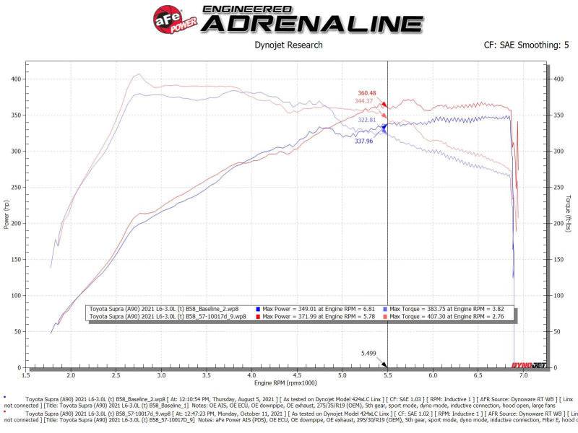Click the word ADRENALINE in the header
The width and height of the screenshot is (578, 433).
point(312,24)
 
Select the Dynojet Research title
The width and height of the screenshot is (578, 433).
point(288,45)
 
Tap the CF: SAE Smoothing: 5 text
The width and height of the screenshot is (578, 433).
point(526,45)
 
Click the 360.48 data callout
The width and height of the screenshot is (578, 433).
point(367,93)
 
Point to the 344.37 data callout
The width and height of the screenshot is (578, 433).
point(367,101)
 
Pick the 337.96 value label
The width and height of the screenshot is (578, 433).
point(363,141)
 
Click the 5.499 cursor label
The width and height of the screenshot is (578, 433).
point(369,353)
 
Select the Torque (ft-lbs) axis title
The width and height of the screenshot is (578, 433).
point(569,214)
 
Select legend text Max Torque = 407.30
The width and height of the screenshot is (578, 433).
point(451,316)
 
